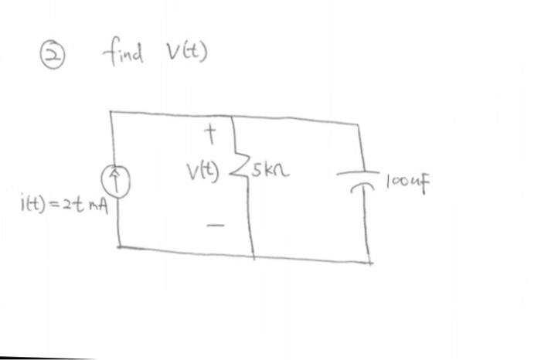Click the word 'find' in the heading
pos(121,53)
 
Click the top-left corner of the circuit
pos(111,113)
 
